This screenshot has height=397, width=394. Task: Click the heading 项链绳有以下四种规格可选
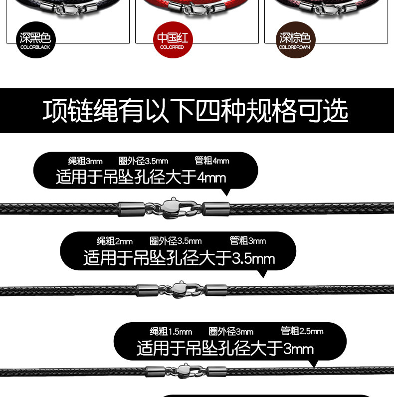pyautogui.click(x=196, y=111)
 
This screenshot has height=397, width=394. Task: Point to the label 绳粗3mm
pyautogui.click(x=85, y=161)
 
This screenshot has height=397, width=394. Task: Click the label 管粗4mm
pyautogui.click(x=212, y=161)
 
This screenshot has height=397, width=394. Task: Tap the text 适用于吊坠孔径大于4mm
pyautogui.click(x=141, y=177)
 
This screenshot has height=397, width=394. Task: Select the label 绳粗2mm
pyautogui.click(x=114, y=241)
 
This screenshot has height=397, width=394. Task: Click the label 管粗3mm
pyautogui.click(x=248, y=241)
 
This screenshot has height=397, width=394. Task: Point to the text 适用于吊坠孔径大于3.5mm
pyautogui.click(x=179, y=258)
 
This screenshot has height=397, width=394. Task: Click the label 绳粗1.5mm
pyautogui.click(x=171, y=332)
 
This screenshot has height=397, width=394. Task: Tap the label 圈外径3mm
pyautogui.click(x=231, y=332)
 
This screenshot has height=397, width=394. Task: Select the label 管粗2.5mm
pyautogui.click(x=302, y=331)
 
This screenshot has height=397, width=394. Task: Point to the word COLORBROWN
pyautogui.click(x=295, y=47)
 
